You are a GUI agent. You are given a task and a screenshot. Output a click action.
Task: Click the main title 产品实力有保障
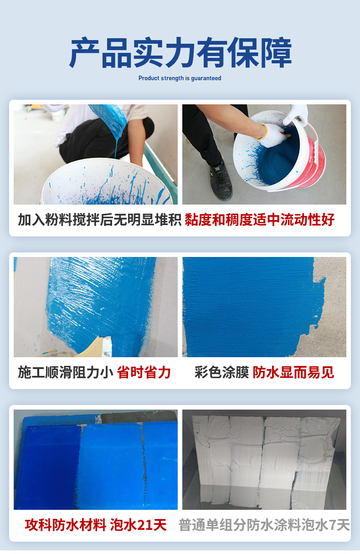(180, 52)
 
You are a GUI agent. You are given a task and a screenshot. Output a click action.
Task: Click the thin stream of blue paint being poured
(116, 149)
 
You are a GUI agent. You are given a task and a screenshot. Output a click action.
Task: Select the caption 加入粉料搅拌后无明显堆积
(99, 220)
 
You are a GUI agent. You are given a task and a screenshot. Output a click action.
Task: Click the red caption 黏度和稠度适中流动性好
(260, 220)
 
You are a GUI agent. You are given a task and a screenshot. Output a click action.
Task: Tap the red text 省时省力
(144, 373)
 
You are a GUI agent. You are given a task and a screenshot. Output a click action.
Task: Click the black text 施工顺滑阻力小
(66, 373)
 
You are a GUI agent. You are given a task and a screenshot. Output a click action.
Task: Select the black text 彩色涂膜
(221, 373)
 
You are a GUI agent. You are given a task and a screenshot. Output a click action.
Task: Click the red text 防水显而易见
(293, 373)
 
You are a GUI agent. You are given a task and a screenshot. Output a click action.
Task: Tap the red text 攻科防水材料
(66, 525)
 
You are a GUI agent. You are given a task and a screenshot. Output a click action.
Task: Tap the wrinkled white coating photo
(264, 460)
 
